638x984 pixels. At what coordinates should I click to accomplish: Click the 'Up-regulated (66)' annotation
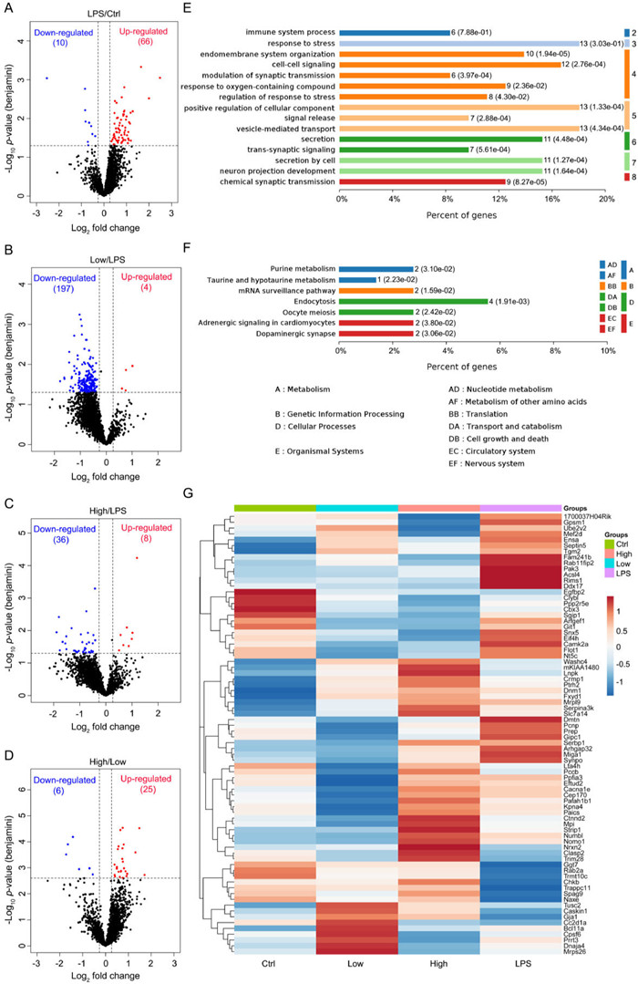(x=142, y=37)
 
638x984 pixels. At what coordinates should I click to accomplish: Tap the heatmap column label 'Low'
(x=355, y=973)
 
